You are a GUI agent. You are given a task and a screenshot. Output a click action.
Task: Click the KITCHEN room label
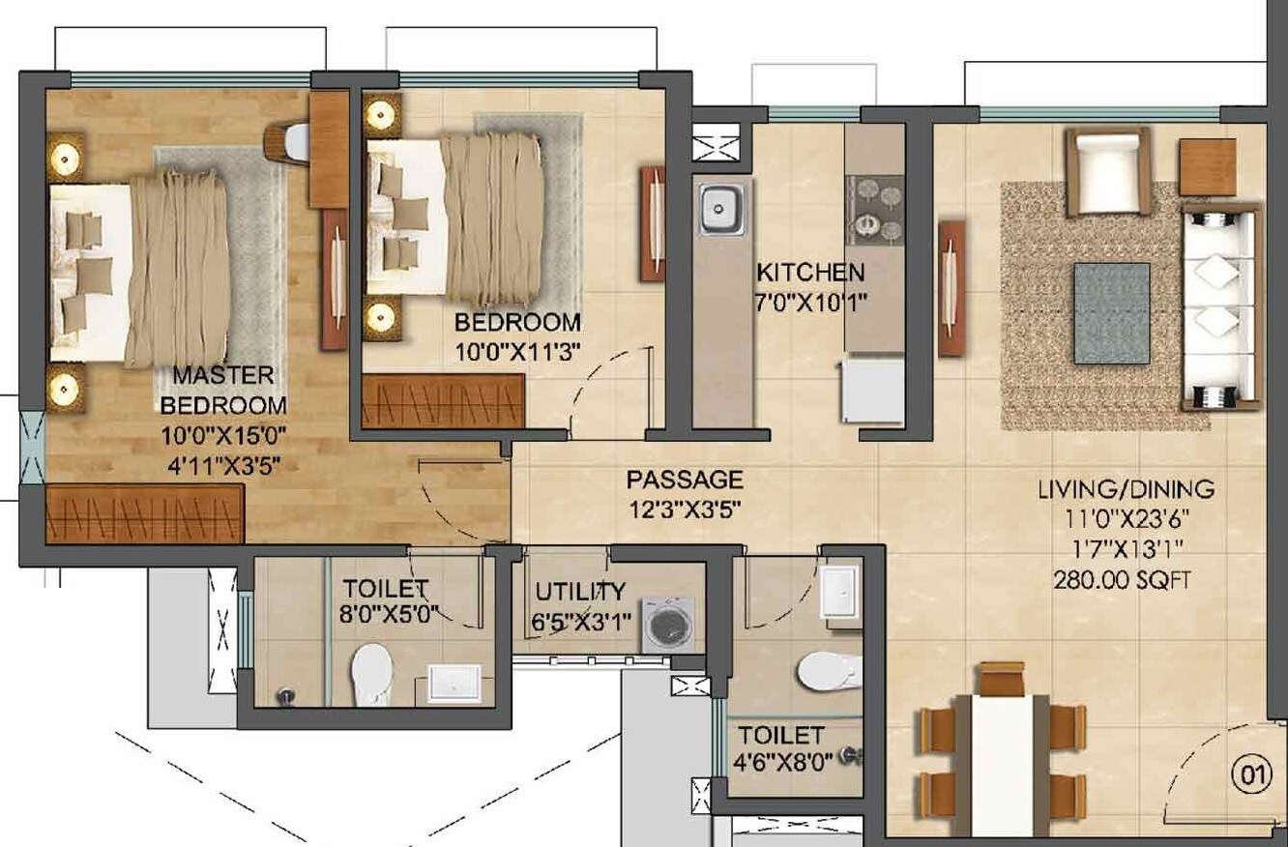(809, 272)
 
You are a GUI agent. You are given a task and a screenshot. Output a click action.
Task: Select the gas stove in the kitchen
(873, 210)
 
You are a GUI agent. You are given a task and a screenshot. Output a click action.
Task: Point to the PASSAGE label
(685, 480)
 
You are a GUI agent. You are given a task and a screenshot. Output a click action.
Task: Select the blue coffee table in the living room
(1112, 313)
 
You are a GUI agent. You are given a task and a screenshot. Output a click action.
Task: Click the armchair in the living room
(1108, 171)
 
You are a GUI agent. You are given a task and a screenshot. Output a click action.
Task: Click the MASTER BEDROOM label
(223, 390)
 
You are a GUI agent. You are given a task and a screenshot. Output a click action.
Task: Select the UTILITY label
(580, 592)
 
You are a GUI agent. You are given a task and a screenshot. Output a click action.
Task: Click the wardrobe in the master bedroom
(145, 513)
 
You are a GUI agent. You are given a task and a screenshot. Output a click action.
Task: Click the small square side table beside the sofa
(1207, 167)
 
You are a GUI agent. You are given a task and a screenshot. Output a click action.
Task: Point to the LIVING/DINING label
(1126, 489)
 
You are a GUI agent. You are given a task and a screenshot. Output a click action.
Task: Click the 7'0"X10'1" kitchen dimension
(811, 301)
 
